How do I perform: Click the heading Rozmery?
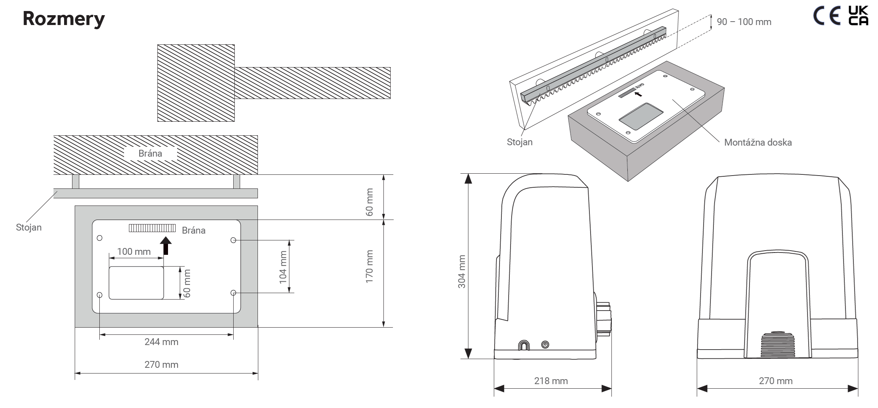pyautogui.click(x=64, y=19)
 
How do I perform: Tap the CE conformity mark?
pyautogui.click(x=828, y=16)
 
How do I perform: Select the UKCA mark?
pyautogui.click(x=858, y=16)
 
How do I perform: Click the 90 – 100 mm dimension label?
pyautogui.click(x=744, y=22)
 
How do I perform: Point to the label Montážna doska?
pyautogui.click(x=758, y=143)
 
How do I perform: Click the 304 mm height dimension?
pyautogui.click(x=462, y=271)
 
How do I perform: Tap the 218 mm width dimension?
pyautogui.click(x=551, y=381)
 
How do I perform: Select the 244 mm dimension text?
pyautogui.click(x=161, y=342)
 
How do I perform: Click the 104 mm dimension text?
pyautogui.click(x=283, y=267)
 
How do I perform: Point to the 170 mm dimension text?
pyautogui.click(x=369, y=266)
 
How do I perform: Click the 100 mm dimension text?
pyautogui.click(x=134, y=251)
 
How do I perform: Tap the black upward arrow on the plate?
pyautogui.click(x=165, y=245)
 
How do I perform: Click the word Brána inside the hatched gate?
pyautogui.click(x=150, y=153)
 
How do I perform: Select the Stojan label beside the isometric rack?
pyautogui.click(x=520, y=142)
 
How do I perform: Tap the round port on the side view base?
pyautogui.click(x=545, y=345)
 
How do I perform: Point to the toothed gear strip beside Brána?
pyautogui.click(x=152, y=228)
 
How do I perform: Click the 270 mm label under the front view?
pyautogui.click(x=776, y=381)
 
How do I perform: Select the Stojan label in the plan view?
pyautogui.click(x=29, y=228)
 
